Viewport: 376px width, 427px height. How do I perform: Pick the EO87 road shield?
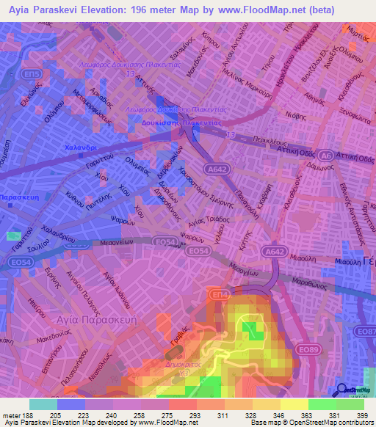tap(365, 332)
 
